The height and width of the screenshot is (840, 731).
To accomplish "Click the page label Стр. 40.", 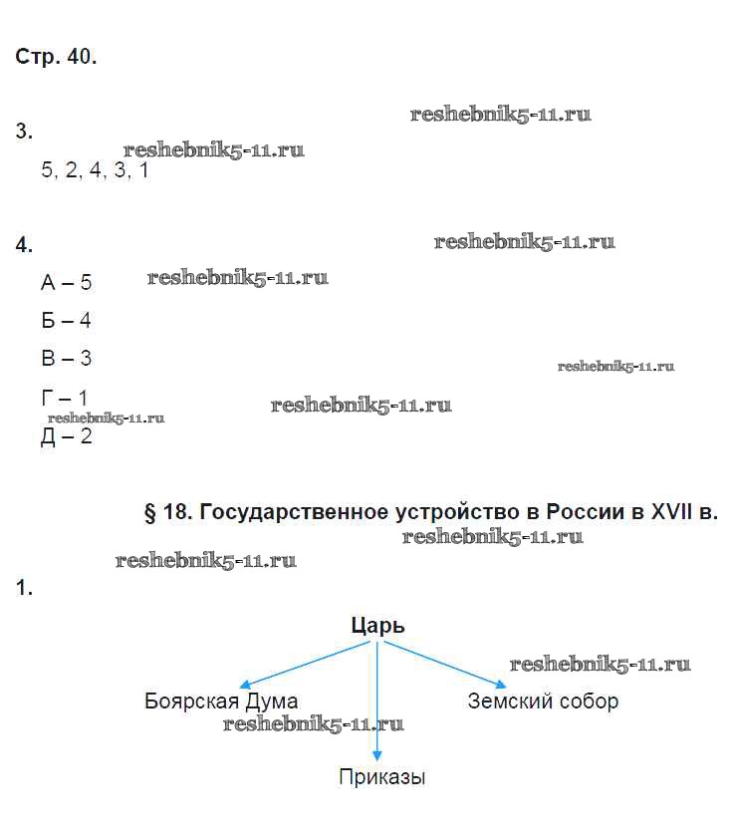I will point(56,57).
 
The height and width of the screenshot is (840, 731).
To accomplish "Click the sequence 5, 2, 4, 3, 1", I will point(95,170).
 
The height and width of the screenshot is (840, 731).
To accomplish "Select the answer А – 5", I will point(67,283).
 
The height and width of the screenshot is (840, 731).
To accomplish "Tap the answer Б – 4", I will point(67,321).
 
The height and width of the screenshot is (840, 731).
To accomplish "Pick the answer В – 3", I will point(67,358).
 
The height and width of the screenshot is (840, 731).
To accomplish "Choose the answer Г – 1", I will point(65,398).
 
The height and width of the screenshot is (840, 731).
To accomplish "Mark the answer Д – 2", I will point(67,436).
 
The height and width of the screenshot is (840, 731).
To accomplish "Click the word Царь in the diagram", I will point(378,626).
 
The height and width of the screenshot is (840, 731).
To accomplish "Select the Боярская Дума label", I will point(221,700).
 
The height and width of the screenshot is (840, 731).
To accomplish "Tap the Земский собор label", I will point(543,700).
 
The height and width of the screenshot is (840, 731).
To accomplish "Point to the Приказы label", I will point(381,777).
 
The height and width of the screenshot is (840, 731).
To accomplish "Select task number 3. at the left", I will point(24,131).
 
